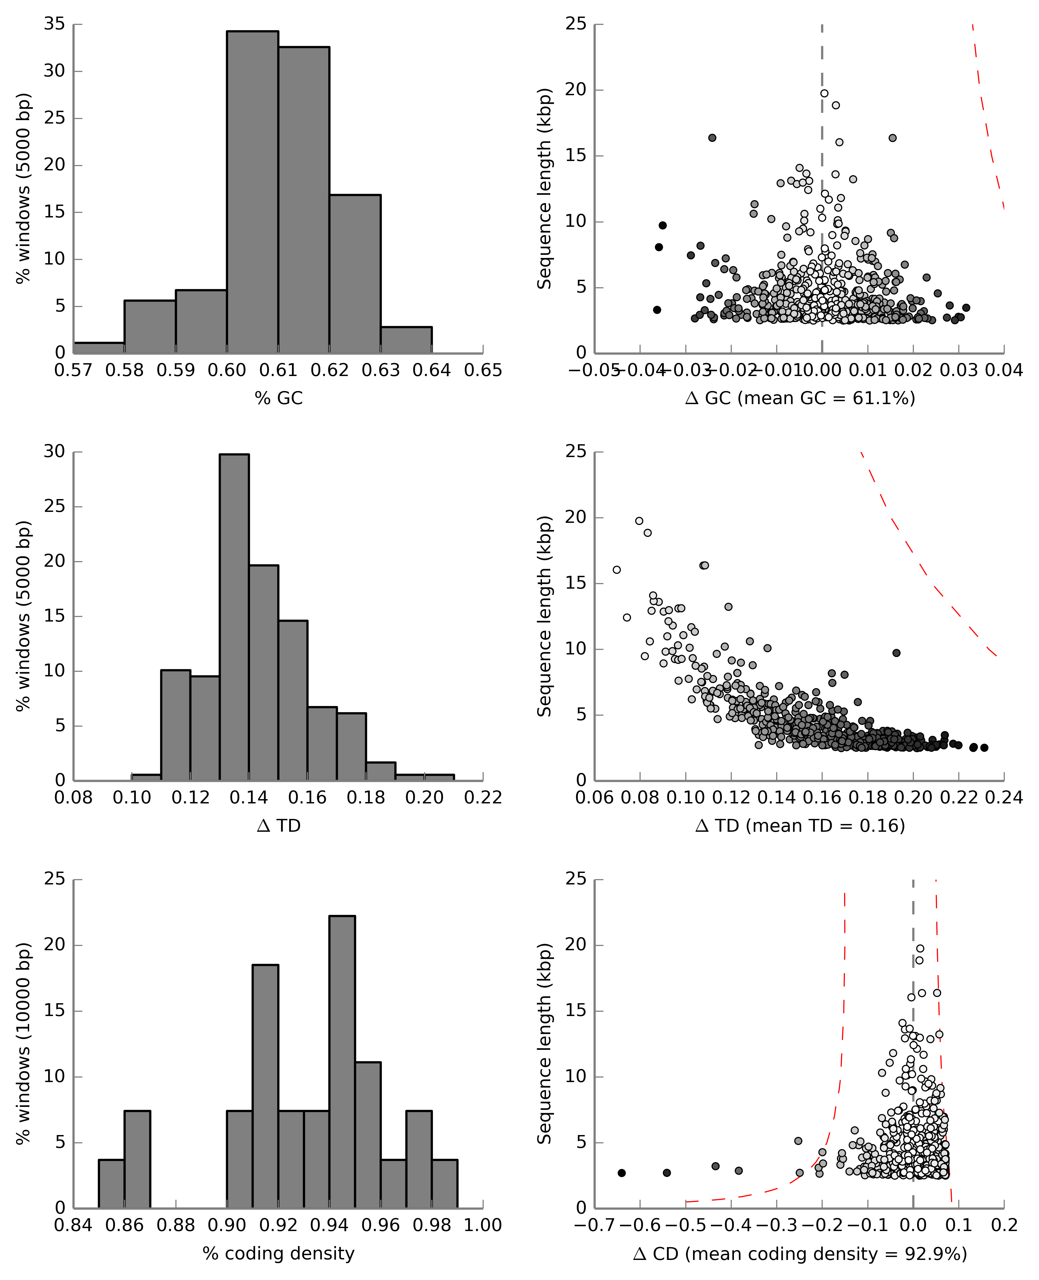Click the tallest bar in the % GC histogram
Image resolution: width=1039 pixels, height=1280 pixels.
252,191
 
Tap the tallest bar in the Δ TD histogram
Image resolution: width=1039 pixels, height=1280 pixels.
234,617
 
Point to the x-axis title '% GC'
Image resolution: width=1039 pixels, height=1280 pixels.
278,398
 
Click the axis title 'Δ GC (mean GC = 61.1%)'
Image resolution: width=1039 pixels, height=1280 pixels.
800,398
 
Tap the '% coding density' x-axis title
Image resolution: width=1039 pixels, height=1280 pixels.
278,1253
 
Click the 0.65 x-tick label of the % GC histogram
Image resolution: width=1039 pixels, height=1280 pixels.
482,371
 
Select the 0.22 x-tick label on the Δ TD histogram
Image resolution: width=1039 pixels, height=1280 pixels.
482,798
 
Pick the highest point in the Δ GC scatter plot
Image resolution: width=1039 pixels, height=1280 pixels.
824,93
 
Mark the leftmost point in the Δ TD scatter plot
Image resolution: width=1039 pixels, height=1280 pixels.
617,570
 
